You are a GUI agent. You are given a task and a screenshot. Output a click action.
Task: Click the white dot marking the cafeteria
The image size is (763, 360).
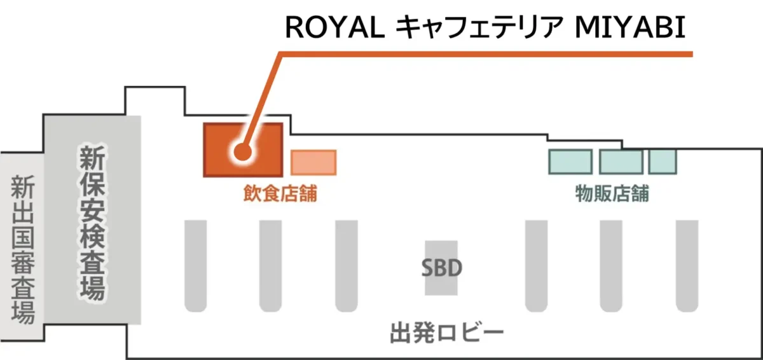coord(242,152)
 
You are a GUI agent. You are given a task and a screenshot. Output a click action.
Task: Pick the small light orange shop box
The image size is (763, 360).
coord(313,162)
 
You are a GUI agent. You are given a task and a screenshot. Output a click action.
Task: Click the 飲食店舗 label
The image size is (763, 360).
coord(280,193)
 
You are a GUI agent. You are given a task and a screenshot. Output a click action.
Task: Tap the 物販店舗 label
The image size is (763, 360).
coord(612,193)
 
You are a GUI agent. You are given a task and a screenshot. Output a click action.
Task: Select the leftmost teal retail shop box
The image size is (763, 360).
coord(570,162)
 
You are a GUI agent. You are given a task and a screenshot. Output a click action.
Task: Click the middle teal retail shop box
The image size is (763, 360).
coord(621,162)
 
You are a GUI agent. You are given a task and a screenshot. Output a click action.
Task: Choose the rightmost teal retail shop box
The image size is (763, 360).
coord(663,162)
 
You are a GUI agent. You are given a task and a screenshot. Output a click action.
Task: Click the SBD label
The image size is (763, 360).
coord(441,268)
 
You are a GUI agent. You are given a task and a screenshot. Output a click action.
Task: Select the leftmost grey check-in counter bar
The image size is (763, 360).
coord(195,265)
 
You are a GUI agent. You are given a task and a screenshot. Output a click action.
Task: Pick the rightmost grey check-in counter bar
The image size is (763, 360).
coord(687,265)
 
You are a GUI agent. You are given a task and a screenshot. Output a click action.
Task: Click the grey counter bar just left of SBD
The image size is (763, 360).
coord(346,265)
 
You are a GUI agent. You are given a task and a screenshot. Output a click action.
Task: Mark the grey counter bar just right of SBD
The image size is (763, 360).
coord(536,265)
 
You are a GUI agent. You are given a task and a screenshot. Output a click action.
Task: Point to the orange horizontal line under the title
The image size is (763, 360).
coord(483,55)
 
